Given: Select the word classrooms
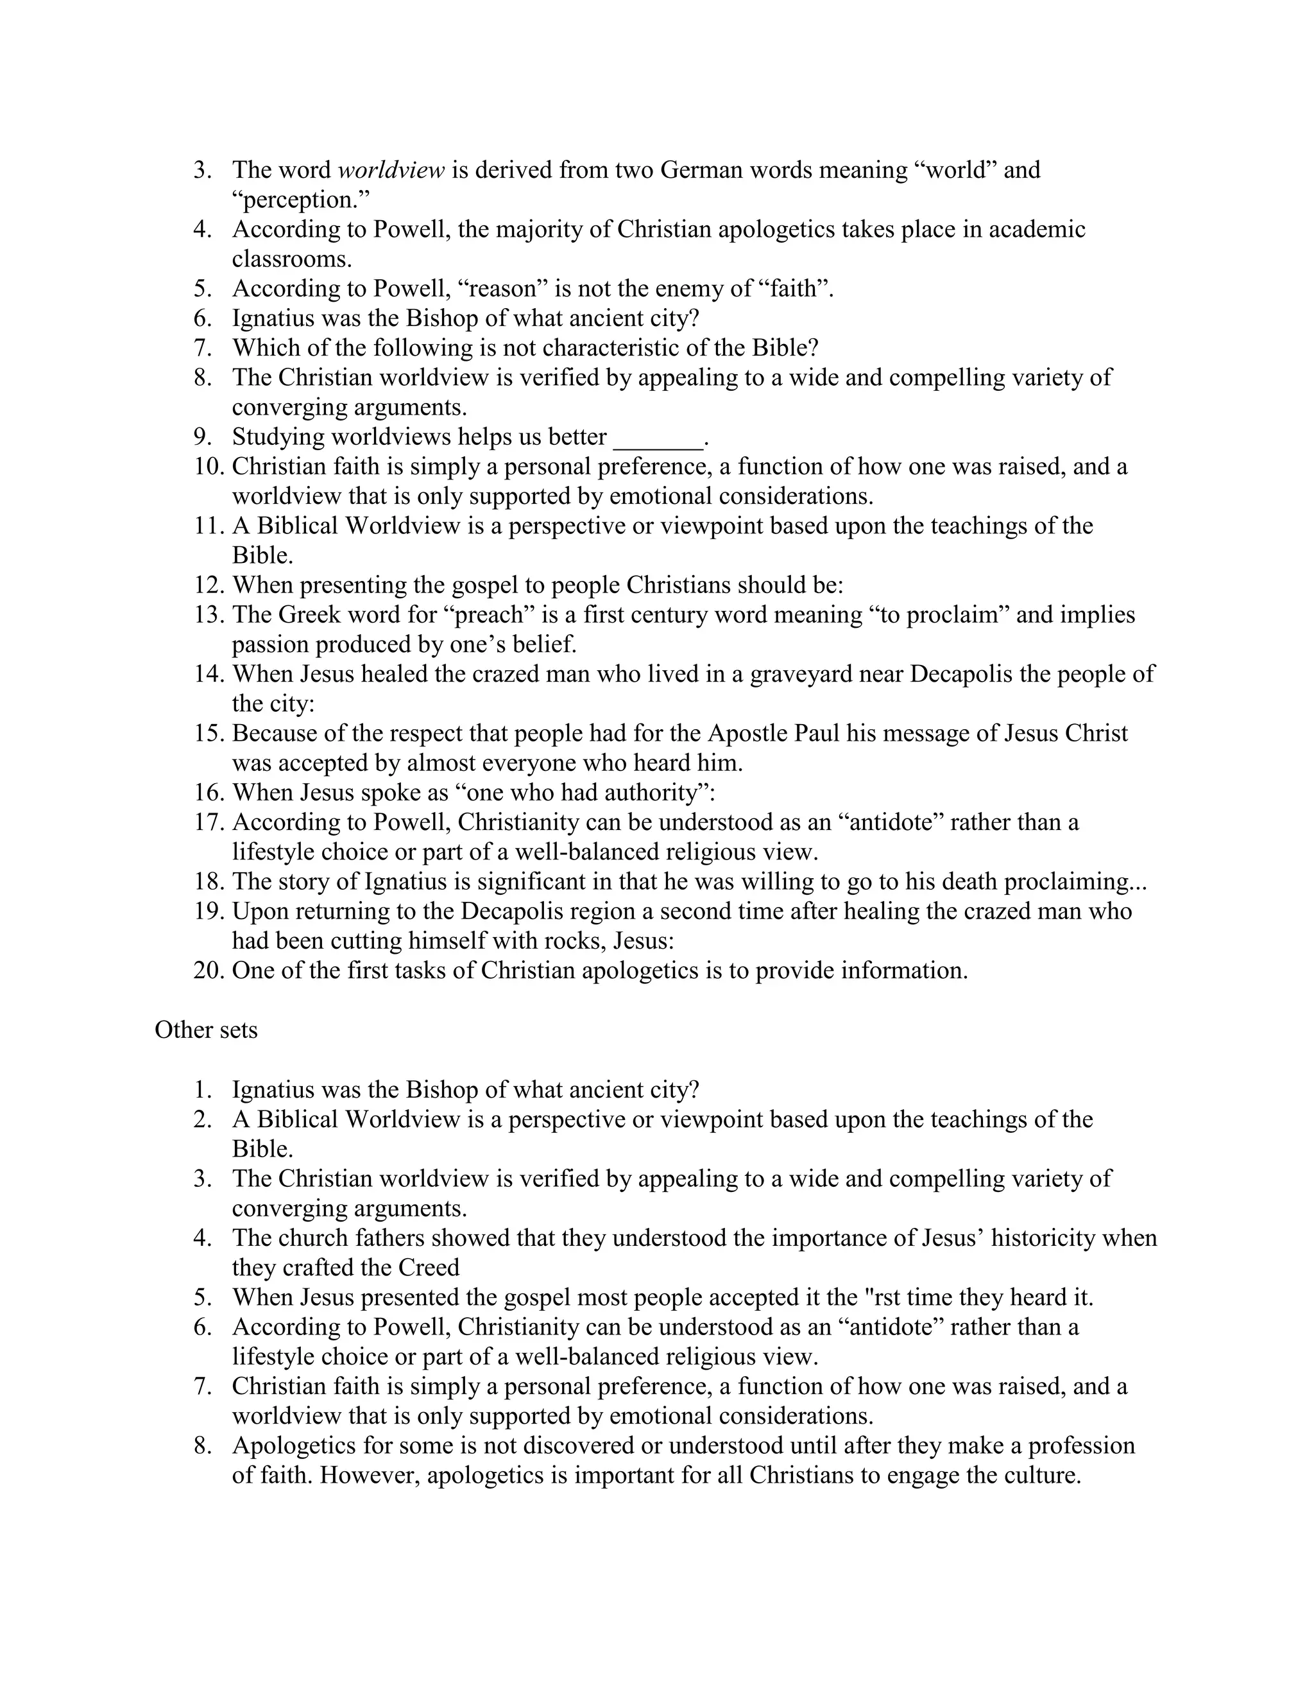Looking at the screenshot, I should [x=292, y=259].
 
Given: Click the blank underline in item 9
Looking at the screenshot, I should [x=658, y=438].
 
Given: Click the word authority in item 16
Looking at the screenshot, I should [x=650, y=793].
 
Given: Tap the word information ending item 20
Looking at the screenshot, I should [x=903, y=971].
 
